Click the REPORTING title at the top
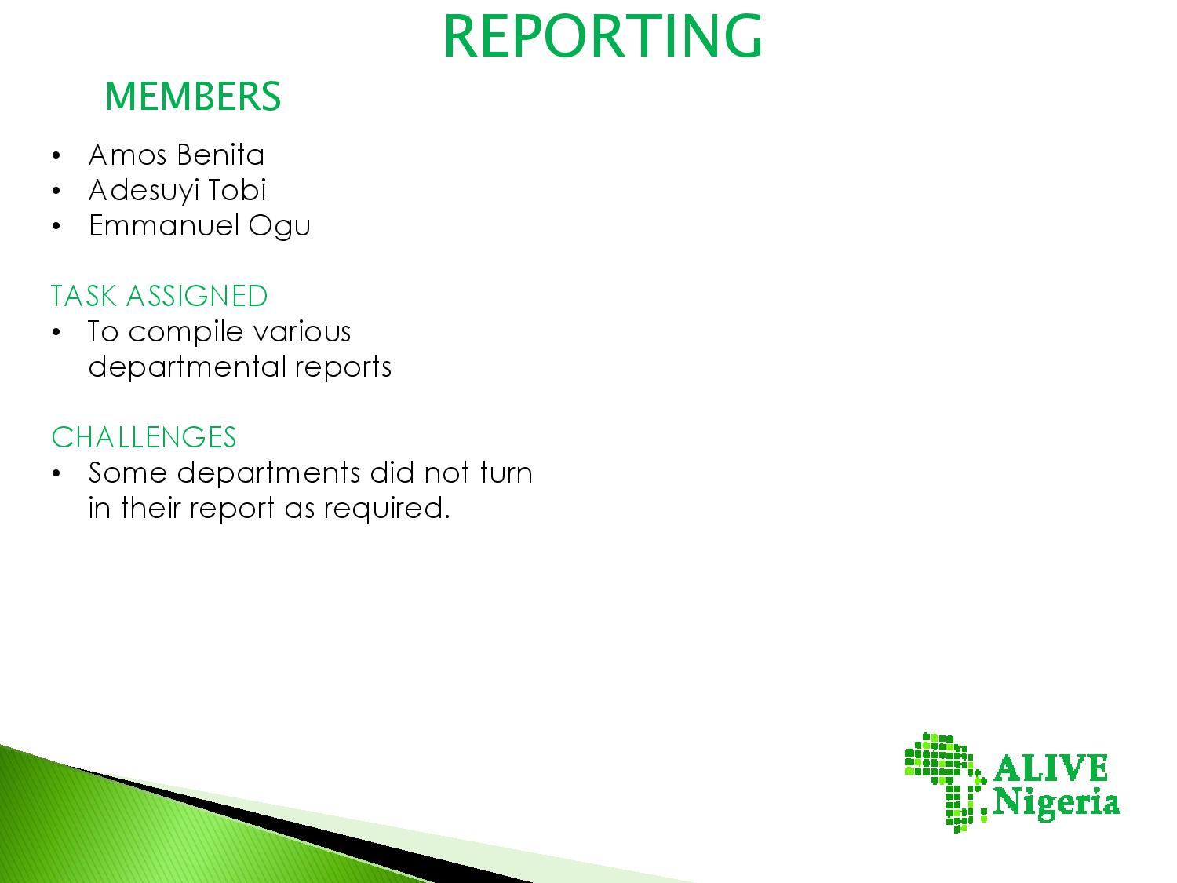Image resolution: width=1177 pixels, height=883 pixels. pos(602,35)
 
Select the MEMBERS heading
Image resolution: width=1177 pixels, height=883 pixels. pos(193,97)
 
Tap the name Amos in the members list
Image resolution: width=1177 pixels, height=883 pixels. pos(128,155)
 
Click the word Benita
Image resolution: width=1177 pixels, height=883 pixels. pos(220,155)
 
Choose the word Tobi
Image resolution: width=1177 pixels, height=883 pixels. pos(237,190)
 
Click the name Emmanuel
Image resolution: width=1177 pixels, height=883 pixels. pos(163,225)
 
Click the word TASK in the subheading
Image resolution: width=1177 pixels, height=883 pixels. pos(84,296)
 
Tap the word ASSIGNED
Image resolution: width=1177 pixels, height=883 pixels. pos(197,296)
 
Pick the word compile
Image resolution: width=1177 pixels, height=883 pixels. pos(185,332)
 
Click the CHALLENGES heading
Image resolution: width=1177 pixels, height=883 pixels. pos(144,437)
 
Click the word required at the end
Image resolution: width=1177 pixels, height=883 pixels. pos(387,509)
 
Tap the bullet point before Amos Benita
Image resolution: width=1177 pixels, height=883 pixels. pos(56,156)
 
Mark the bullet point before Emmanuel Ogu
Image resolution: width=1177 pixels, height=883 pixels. pos(56,226)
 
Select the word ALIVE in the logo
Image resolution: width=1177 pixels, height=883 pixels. pos(1051,768)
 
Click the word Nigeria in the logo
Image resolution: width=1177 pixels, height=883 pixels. pos(1056,804)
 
